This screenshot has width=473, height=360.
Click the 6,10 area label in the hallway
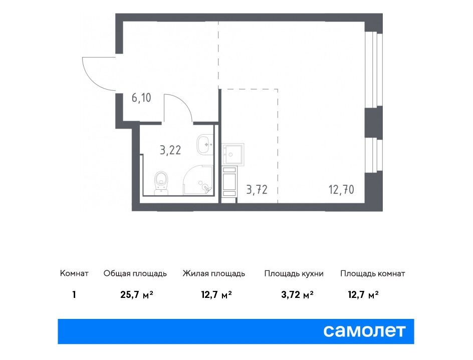click(141, 98)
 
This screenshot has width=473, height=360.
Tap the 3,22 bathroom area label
click(170, 150)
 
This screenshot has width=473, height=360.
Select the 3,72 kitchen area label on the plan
click(257, 190)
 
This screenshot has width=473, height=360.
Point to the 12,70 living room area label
click(341, 190)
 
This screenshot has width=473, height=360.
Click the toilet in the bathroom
click(161, 183)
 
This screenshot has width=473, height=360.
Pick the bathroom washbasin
click(205, 145)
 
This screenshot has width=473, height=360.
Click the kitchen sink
click(232, 154)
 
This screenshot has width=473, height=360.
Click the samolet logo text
click(364, 331)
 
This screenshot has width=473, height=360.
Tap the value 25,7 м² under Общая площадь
click(137, 294)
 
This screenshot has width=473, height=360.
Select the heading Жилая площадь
click(213, 273)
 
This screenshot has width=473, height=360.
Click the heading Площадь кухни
click(294, 273)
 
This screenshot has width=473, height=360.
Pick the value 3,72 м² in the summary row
click(297, 294)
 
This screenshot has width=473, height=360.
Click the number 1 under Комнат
click(74, 294)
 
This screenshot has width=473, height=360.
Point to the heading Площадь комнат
click(373, 273)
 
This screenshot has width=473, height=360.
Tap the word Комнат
click(74, 273)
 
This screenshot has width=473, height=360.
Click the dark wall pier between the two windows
click(373, 122)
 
